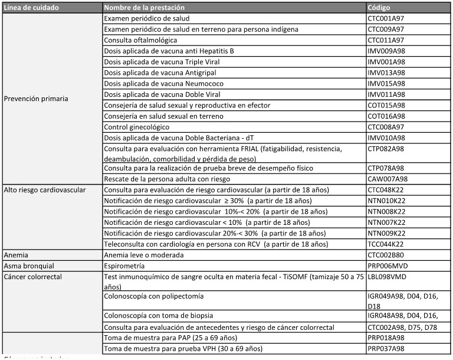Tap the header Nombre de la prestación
point(144,8)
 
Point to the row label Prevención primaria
point(35,99)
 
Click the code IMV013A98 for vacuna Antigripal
point(386,73)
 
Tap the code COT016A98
point(386,116)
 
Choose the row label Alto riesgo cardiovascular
point(45,190)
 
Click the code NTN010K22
point(386,201)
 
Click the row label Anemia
point(17,255)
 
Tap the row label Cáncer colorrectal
point(34,277)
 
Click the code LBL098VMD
point(386,277)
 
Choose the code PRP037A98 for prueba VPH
point(386,349)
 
